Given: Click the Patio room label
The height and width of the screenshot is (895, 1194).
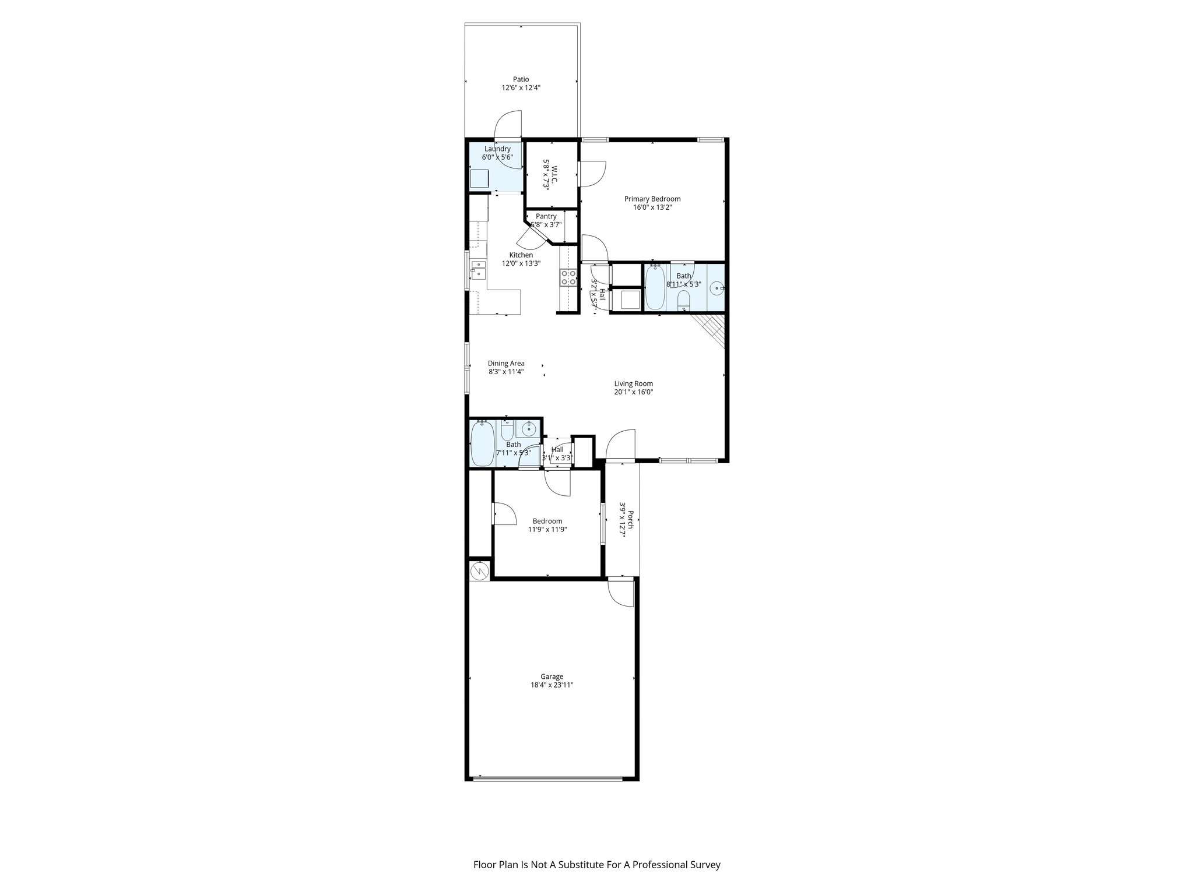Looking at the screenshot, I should coord(521,79).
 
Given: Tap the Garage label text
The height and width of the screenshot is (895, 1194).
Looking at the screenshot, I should coord(551,676).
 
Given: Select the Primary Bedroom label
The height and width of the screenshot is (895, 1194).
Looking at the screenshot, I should coord(652,199).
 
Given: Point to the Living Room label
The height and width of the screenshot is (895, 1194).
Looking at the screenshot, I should coord(633,384).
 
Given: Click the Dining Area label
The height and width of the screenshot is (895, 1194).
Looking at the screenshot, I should coord(506,364).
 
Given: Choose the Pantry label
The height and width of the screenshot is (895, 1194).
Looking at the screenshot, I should coord(546,217).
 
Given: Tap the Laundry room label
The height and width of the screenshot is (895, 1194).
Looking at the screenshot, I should coord(497,149).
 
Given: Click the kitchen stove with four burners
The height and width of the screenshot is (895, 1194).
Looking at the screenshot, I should coord(568,278).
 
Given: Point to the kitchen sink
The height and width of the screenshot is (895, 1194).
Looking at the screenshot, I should coord(479,271).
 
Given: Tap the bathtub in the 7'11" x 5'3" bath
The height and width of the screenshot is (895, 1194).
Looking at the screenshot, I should coord(482,444).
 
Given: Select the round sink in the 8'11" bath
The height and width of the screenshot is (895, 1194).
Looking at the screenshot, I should coord(718,287).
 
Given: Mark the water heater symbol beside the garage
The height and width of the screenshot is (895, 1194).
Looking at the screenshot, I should coord(479,570).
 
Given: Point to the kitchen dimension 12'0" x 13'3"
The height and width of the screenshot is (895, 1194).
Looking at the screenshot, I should coord(521,263).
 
